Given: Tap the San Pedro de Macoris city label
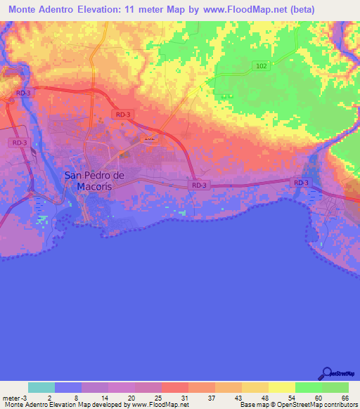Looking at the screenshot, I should point(94,180).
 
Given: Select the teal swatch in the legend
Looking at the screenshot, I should point(41,387).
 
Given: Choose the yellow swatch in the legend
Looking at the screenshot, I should point(282,387).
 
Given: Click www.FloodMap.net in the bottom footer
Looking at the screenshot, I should point(155,405).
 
